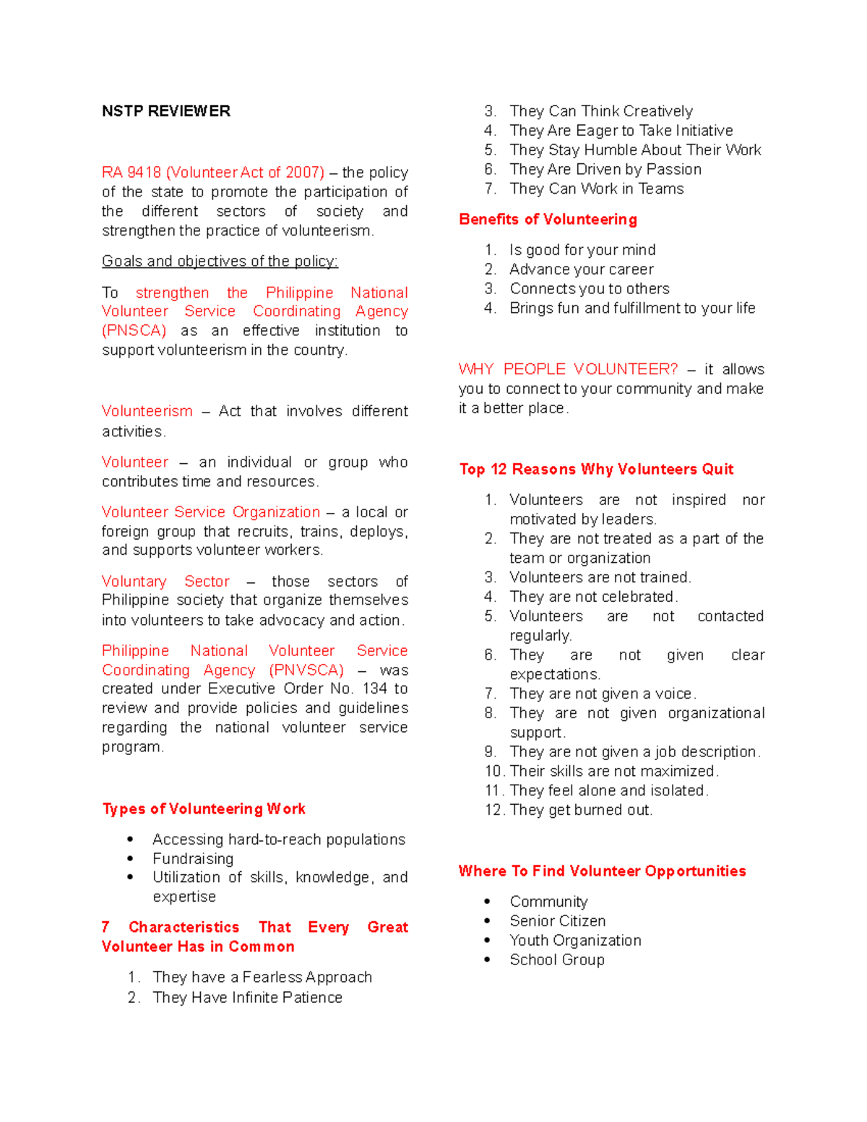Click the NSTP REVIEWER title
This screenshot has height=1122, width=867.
pos(166,111)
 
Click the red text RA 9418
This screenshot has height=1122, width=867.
pos(132,173)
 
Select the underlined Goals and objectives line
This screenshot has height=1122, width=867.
pos(220,262)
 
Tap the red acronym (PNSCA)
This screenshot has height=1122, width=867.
pos(134,331)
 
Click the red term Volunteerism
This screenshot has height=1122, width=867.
pos(147,411)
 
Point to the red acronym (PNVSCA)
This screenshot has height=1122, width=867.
pos(306,670)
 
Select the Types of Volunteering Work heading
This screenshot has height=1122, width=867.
pos(204,809)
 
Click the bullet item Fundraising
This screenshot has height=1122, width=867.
pos(193,859)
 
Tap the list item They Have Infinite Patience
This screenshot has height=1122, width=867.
pos(247,998)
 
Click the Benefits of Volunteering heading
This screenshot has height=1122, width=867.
pos(548,220)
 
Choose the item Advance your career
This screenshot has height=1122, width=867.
pos(581,269)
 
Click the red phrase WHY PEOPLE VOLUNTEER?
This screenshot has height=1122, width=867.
pos(568,369)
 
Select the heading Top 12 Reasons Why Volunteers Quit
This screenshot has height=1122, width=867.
pos(596,470)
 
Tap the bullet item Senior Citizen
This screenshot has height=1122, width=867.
pos(557,921)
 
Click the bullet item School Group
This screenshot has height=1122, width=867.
pos(556,960)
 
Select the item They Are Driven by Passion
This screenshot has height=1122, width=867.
pos(605,170)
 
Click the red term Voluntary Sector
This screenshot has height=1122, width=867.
pos(165,582)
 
